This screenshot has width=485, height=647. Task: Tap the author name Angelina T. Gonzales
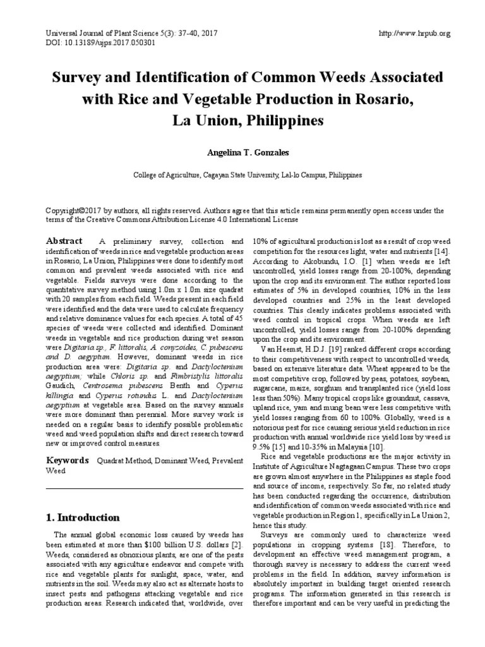[242, 152]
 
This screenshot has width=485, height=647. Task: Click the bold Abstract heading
[64, 241]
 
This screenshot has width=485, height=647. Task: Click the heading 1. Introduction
[83, 517]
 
